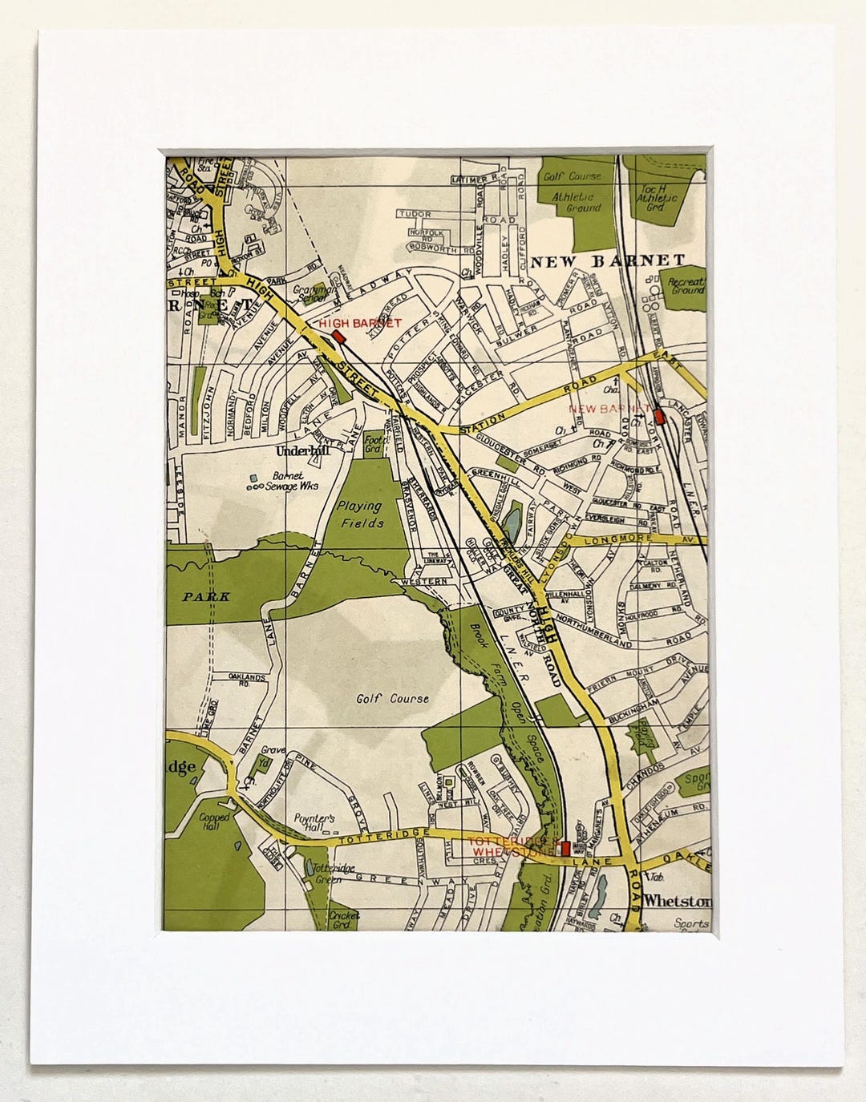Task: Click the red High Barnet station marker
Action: click(338, 337)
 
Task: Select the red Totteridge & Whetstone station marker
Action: click(565, 847)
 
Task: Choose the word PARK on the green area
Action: click(205, 596)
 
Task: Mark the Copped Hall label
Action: click(215, 822)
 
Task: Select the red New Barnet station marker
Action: click(659, 417)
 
